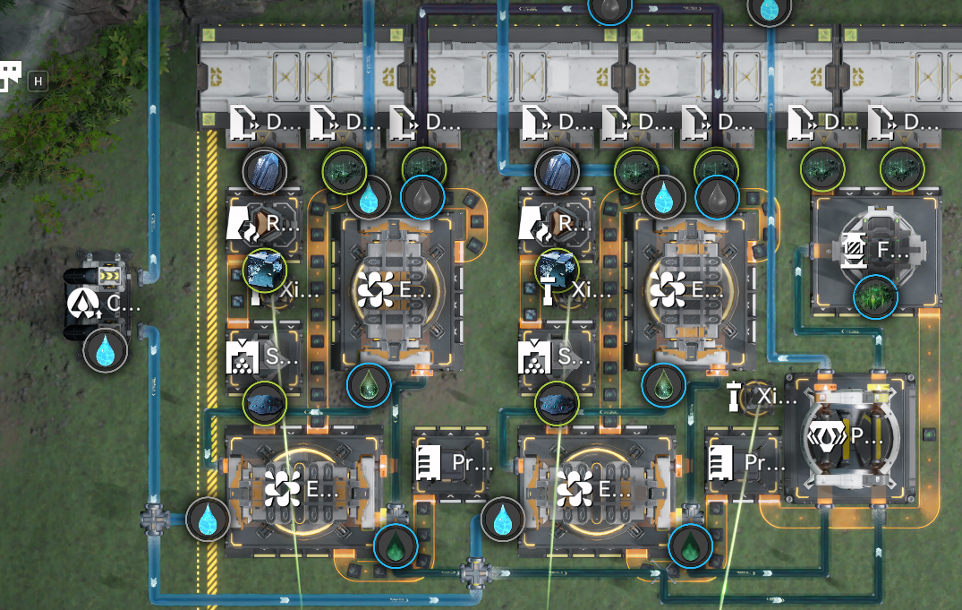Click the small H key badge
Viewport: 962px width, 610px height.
coord(38,81)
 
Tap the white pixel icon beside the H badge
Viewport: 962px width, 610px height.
coord(10,76)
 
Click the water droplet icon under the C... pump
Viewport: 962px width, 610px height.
coord(106,349)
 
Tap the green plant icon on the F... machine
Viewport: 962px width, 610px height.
coord(875,296)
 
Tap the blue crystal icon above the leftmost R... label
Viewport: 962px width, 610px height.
coord(265,169)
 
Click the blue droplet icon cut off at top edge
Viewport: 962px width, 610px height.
coord(769,7)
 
